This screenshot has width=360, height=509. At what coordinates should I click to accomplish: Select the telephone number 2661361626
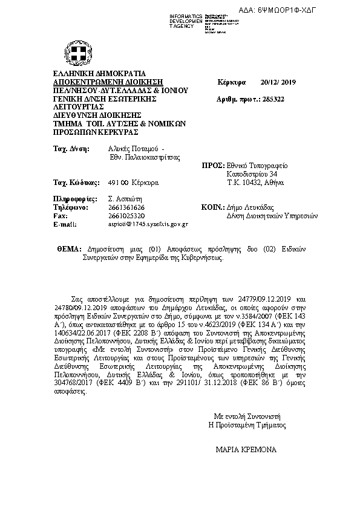pyautogui.click(x=126, y=207)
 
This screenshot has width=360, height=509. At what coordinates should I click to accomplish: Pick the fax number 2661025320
pyautogui.click(x=126, y=215)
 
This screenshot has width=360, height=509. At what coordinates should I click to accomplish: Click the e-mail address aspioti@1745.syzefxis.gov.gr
pyautogui.click(x=148, y=224)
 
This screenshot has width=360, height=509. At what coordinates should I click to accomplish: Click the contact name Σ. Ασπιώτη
pyautogui.click(x=123, y=198)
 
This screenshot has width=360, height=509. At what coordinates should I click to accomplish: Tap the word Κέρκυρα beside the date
pyautogui.click(x=231, y=82)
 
